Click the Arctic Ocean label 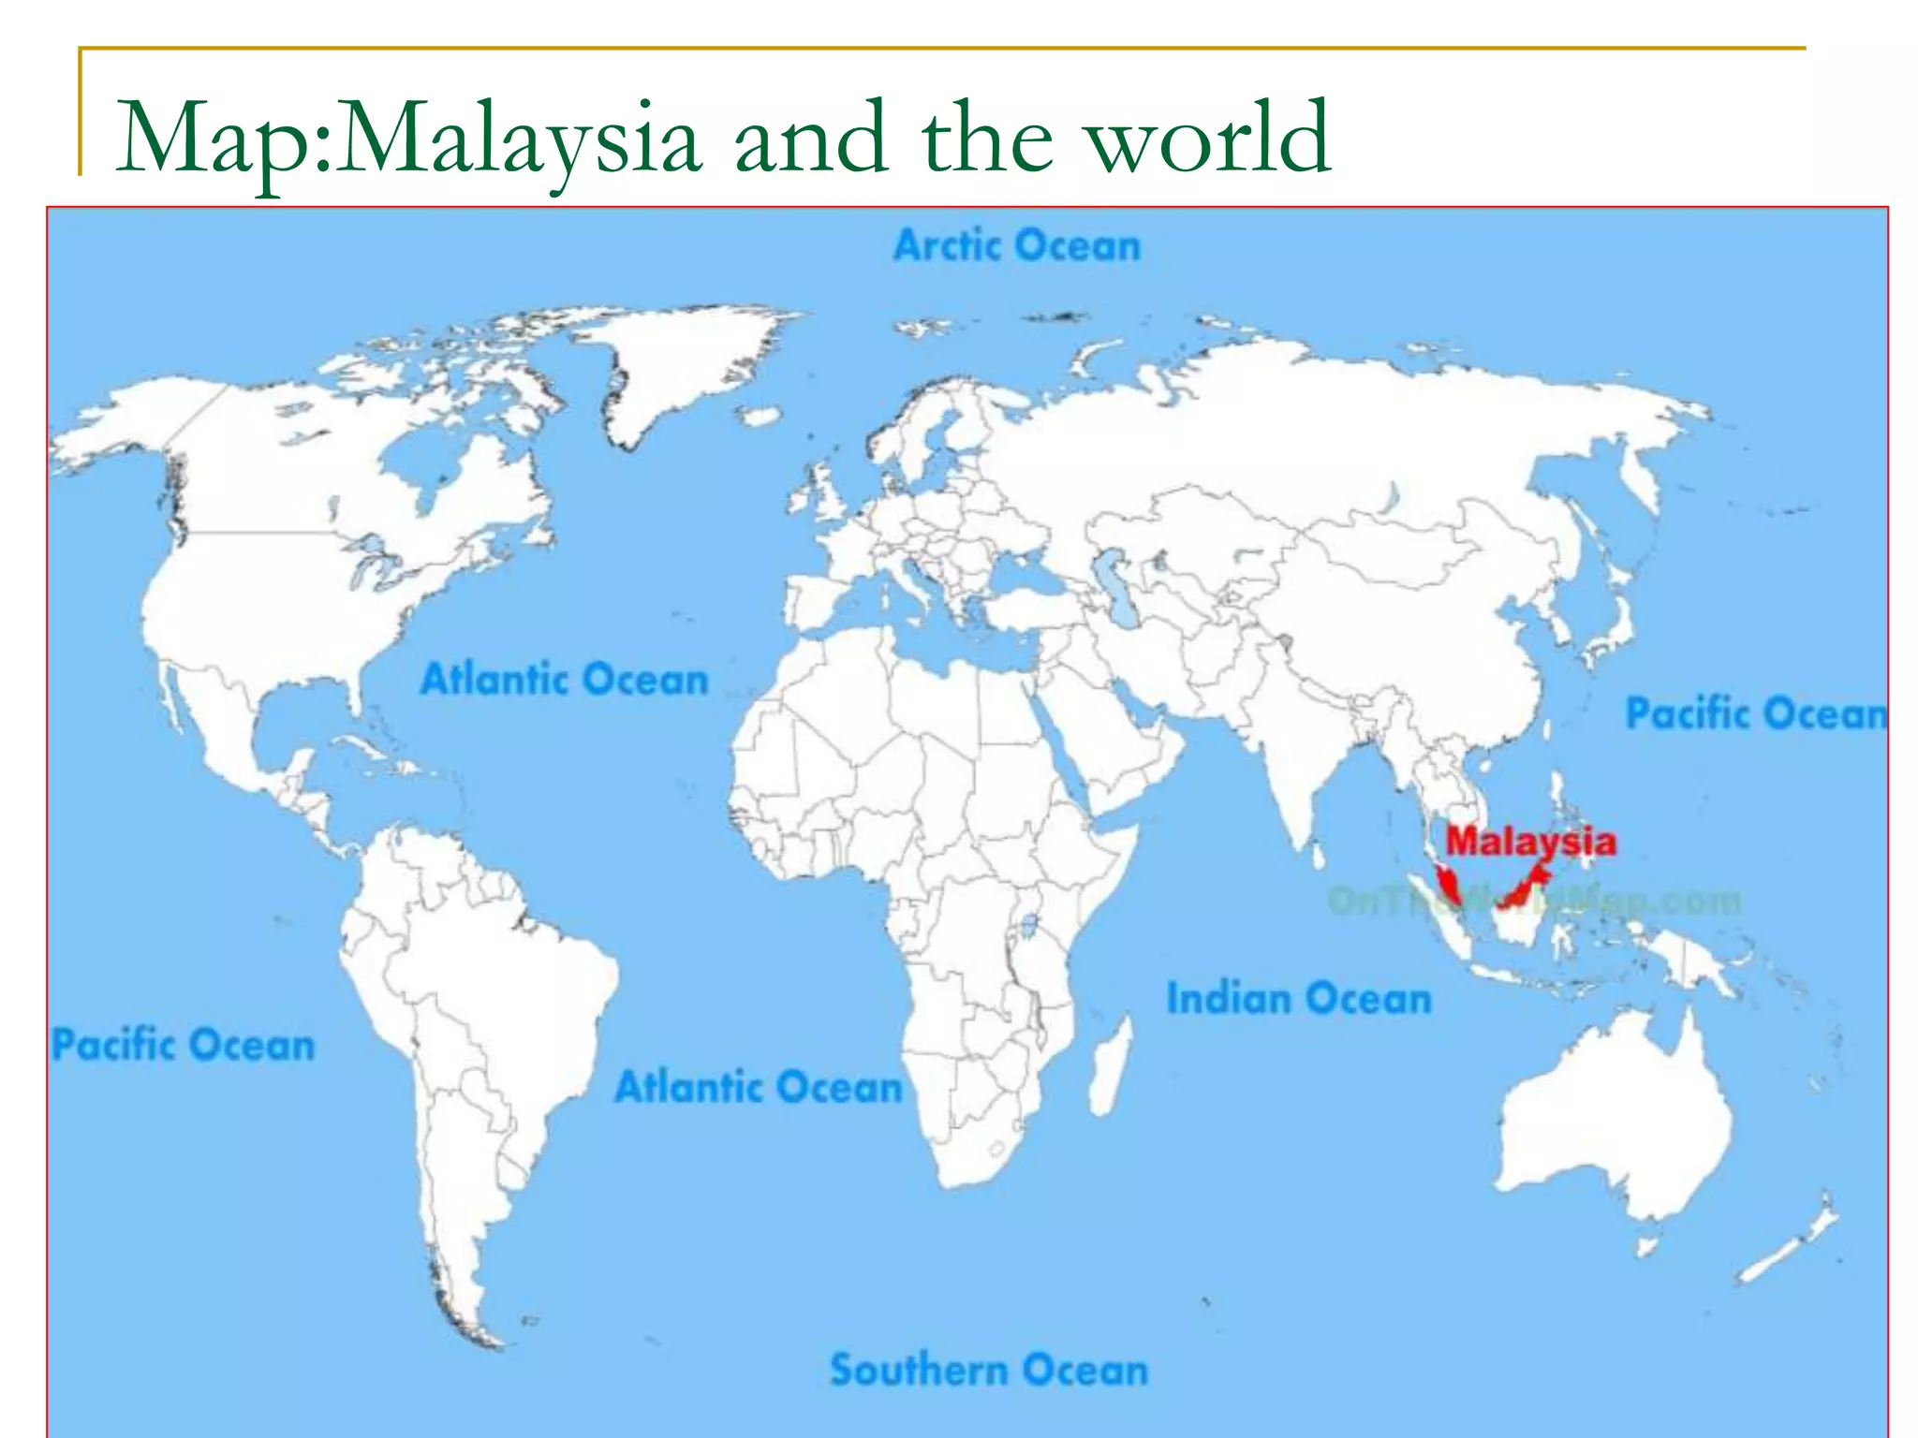[1017, 246]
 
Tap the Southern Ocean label [989, 1370]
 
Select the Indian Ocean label [1299, 998]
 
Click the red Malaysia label [1530, 841]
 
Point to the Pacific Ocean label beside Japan [1755, 713]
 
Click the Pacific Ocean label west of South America [184, 1045]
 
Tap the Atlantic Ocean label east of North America [565, 679]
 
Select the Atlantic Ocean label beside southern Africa [759, 1088]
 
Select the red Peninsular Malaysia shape [1448, 884]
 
